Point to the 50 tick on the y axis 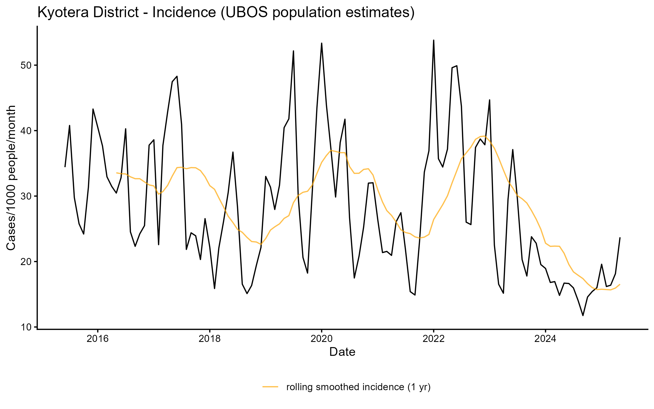coord(26,65)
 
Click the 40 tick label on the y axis coord(26,131)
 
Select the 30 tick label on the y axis coord(26,196)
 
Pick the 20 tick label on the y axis coord(26,262)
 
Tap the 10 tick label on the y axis coord(26,327)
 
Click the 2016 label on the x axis coord(98,339)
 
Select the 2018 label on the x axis coord(210,339)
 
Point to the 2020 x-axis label coord(322,339)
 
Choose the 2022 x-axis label coord(434,339)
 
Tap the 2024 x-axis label coord(546,339)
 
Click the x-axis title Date coord(342,352)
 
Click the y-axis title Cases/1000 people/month coord(11,178)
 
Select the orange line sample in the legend coord(270,387)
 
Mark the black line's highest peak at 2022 coord(434,40)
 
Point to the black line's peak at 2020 coord(322,43)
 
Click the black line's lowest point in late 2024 coord(583,315)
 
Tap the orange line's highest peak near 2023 coord(485,136)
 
